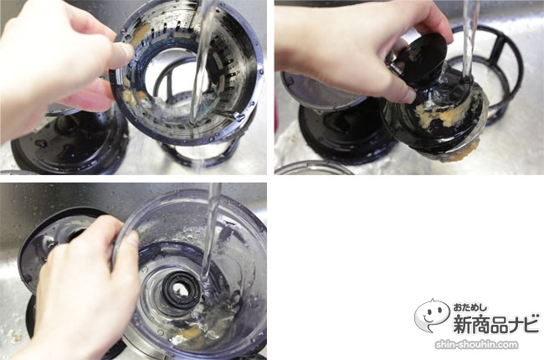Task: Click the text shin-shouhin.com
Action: tap(476, 345)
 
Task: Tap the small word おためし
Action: tap(470, 307)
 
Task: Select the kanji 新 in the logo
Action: tap(464, 323)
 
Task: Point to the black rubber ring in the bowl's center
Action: tap(181, 288)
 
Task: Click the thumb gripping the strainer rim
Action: tap(116, 53)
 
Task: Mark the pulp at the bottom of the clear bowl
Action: tap(189, 334)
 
